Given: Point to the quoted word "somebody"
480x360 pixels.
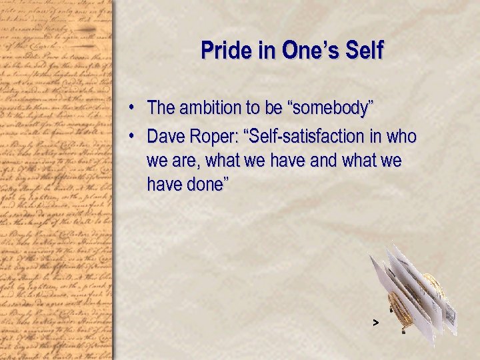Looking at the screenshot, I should tap(343, 107).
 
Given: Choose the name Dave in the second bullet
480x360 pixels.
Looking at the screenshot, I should tap(167, 137).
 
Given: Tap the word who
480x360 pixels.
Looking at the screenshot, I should tap(402, 137).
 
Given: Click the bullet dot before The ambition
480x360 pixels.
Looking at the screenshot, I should tap(133, 107).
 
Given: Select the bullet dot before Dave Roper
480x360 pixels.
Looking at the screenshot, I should tap(133, 137).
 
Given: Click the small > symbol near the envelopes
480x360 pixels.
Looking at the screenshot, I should tap(375, 323).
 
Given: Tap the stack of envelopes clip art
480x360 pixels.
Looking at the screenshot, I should tap(413, 293).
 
